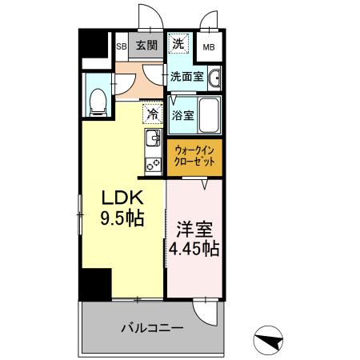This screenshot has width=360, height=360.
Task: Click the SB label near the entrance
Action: (122, 46)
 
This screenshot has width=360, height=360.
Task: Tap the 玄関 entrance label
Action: (146, 45)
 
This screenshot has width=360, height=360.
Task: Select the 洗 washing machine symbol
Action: (180, 42)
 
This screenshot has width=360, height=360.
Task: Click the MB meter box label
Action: (208, 46)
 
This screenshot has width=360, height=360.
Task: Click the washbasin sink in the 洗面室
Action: (215, 78)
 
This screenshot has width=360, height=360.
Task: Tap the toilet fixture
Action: (98, 100)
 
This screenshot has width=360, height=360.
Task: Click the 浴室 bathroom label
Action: (182, 115)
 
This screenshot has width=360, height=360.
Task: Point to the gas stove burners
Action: (152, 164)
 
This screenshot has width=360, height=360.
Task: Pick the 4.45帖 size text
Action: (193, 249)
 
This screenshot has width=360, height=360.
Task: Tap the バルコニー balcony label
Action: (152, 327)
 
